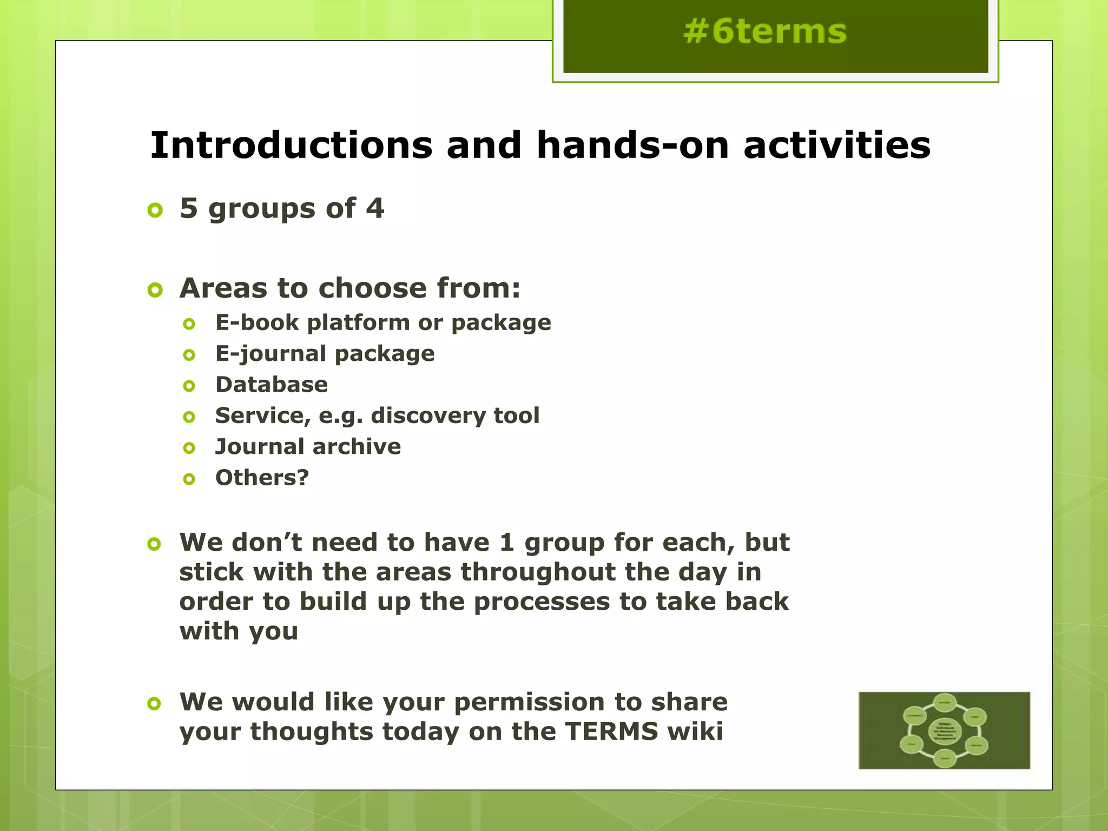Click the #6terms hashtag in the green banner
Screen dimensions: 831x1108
pyautogui.click(x=764, y=31)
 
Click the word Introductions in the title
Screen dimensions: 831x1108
pyautogui.click(x=291, y=146)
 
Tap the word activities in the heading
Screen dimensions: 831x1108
pyautogui.click(x=836, y=146)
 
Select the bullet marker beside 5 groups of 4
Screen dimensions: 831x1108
pyautogui.click(x=155, y=210)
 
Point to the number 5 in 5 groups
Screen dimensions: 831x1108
pyautogui.click(x=189, y=208)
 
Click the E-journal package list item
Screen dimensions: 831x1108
pyautogui.click(x=325, y=354)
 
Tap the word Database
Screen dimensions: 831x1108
pyautogui.click(x=272, y=385)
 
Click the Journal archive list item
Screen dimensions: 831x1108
pyautogui.click(x=308, y=447)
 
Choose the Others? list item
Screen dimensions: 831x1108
pyautogui.click(x=262, y=478)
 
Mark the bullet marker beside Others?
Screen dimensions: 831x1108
pyautogui.click(x=189, y=479)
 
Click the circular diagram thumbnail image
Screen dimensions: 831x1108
pyautogui.click(x=944, y=730)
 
